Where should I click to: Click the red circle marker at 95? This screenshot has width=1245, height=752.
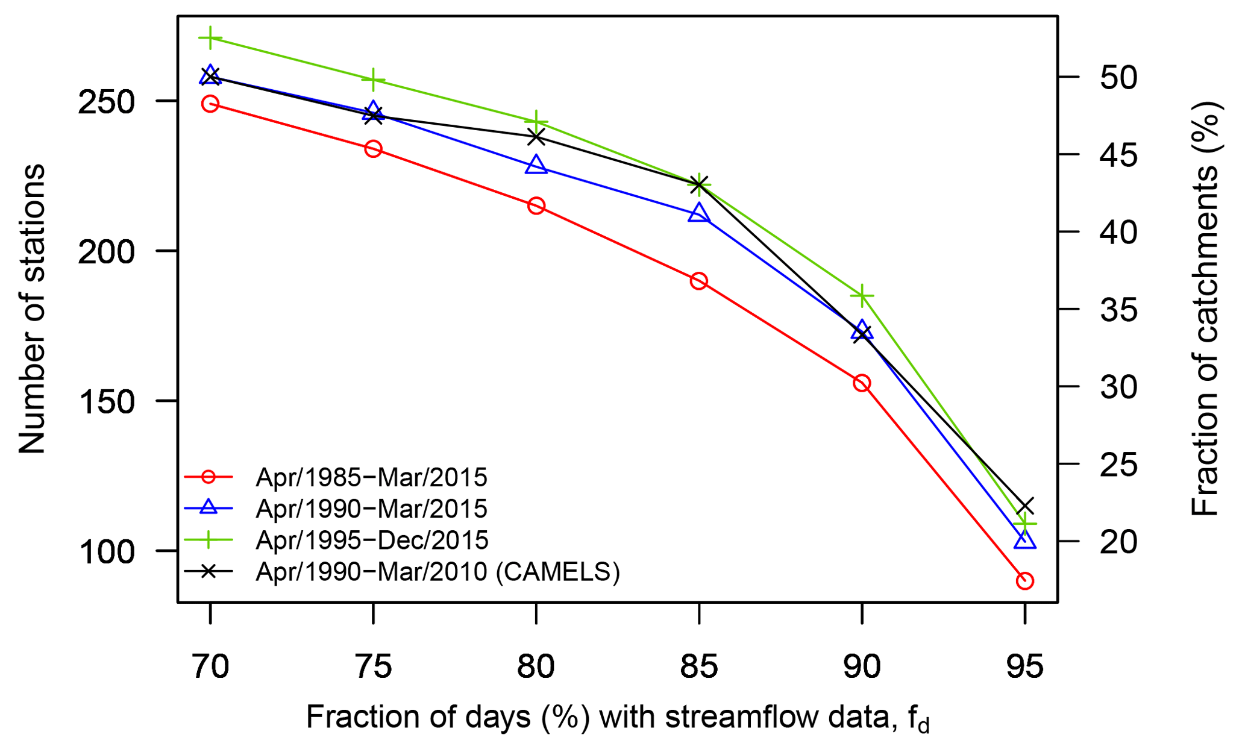click(x=1024, y=581)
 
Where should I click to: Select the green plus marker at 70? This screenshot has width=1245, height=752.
click(x=210, y=39)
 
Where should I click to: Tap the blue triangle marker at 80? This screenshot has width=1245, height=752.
click(x=536, y=165)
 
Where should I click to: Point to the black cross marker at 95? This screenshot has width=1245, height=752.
click(x=1024, y=506)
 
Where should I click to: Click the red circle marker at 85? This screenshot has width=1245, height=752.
click(x=698, y=281)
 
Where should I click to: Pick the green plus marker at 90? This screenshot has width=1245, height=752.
click(x=862, y=296)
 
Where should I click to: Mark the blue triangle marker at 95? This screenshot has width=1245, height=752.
click(x=1024, y=540)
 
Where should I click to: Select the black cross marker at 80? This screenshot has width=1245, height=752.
click(x=536, y=137)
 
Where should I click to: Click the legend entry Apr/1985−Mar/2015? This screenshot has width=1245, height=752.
click(x=371, y=477)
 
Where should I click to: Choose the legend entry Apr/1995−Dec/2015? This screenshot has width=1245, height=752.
click(x=372, y=540)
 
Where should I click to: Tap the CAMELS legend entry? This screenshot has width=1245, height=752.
click(x=437, y=571)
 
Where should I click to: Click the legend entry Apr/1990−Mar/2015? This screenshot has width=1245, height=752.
click(x=371, y=509)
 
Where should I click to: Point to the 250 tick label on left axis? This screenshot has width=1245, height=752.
click(x=106, y=102)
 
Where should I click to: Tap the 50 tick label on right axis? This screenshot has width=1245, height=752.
click(x=1118, y=78)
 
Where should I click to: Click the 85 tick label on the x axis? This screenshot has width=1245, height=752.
click(x=698, y=667)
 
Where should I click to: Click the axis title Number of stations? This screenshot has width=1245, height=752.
click(x=31, y=309)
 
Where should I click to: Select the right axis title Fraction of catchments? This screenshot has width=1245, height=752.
click(x=1205, y=309)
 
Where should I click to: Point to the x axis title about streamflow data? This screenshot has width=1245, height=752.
click(x=618, y=718)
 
